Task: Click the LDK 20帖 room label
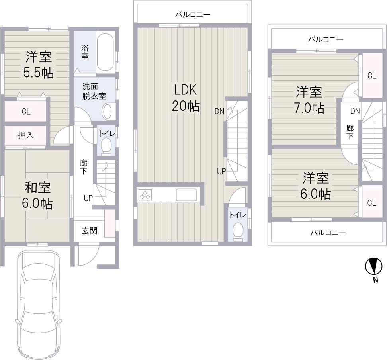[186, 98]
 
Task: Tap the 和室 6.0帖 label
[38, 195]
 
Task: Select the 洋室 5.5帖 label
[39, 65]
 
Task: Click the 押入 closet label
[26, 135]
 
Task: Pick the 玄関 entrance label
[90, 231]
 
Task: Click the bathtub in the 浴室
[106, 52]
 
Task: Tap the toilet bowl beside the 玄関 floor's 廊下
[106, 145]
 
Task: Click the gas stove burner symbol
[145, 195]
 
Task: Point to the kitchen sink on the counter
[186, 195]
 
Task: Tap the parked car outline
[38, 303]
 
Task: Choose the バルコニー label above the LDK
[193, 15]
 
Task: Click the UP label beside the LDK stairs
[221, 171]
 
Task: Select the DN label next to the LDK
[219, 112]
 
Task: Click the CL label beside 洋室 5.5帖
[26, 112]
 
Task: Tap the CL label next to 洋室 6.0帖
[371, 203]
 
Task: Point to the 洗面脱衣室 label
[94, 91]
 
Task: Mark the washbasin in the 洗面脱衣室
[108, 111]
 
